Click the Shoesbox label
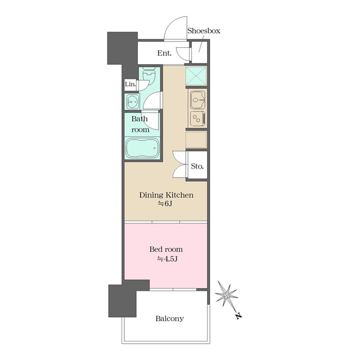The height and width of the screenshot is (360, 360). tap(204, 31)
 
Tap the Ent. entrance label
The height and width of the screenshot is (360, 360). tap(164, 53)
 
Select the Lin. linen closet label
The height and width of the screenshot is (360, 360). tap(130, 84)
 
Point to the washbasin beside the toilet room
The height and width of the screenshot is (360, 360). tap(132, 101)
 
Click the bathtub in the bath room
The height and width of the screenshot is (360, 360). tap(142, 148)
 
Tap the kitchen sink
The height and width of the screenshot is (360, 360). tap(197, 100)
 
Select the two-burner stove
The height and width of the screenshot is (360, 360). tap(197, 119)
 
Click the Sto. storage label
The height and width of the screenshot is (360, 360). tap(197, 166)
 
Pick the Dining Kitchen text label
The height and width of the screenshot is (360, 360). tap(166, 195)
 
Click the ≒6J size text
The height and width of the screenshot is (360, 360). tap(165, 204)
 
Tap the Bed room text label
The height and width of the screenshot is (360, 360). tap(166, 249)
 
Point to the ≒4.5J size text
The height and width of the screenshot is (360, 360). tap(168, 259)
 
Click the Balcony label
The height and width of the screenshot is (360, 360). tap(169, 319)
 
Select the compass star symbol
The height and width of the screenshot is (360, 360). tap(226, 295)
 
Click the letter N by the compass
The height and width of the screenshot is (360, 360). tap(239, 316)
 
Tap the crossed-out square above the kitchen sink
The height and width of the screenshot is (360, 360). tap(196, 75)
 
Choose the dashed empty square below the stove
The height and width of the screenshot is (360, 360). tap(196, 139)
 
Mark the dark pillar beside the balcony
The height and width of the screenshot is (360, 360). tap(123, 301)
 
